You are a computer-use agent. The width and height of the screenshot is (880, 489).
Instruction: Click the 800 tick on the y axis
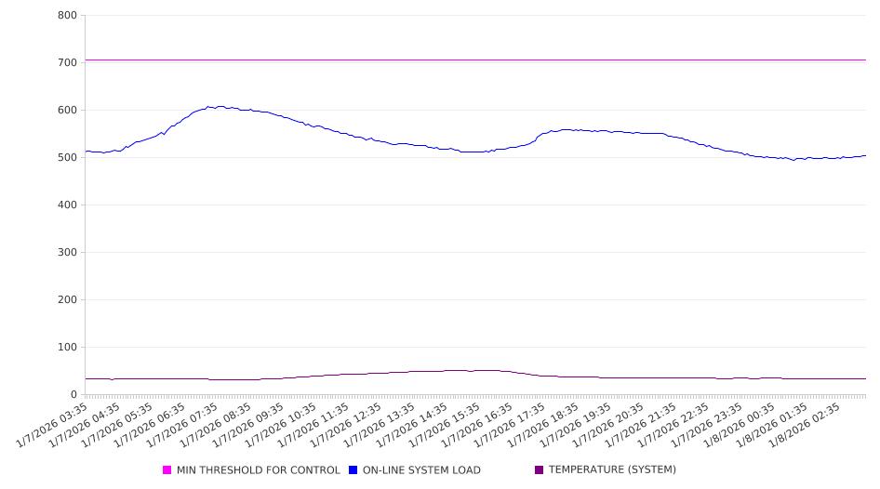point(66,15)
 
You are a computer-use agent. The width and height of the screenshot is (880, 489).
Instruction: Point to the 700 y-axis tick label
point(66,62)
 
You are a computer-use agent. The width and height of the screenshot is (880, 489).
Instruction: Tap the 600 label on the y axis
point(66,110)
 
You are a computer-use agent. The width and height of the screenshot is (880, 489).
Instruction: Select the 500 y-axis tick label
point(66,157)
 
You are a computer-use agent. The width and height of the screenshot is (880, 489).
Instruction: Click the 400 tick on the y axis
point(66,205)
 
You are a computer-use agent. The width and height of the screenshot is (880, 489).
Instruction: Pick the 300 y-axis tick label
point(66,252)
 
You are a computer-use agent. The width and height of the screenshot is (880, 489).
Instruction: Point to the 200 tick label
point(66,299)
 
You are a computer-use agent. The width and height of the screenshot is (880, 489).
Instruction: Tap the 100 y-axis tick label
point(66,347)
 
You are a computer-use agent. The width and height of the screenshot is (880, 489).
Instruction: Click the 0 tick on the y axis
point(73,394)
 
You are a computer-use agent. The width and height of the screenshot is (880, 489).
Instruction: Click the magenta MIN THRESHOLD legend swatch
point(167,470)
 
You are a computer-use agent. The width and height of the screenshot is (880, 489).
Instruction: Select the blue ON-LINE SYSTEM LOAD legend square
point(353,470)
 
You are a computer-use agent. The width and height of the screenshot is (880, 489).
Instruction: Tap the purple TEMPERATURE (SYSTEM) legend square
point(540,470)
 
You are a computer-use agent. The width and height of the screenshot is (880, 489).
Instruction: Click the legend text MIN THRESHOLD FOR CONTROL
point(258,470)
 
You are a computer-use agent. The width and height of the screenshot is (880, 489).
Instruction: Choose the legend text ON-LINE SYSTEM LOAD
point(421,470)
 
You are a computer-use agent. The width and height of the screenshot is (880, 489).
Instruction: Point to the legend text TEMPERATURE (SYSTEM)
point(612,470)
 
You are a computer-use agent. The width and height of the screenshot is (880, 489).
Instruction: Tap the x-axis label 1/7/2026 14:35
point(414,423)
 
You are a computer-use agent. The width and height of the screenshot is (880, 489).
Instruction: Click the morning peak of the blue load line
point(209,106)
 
